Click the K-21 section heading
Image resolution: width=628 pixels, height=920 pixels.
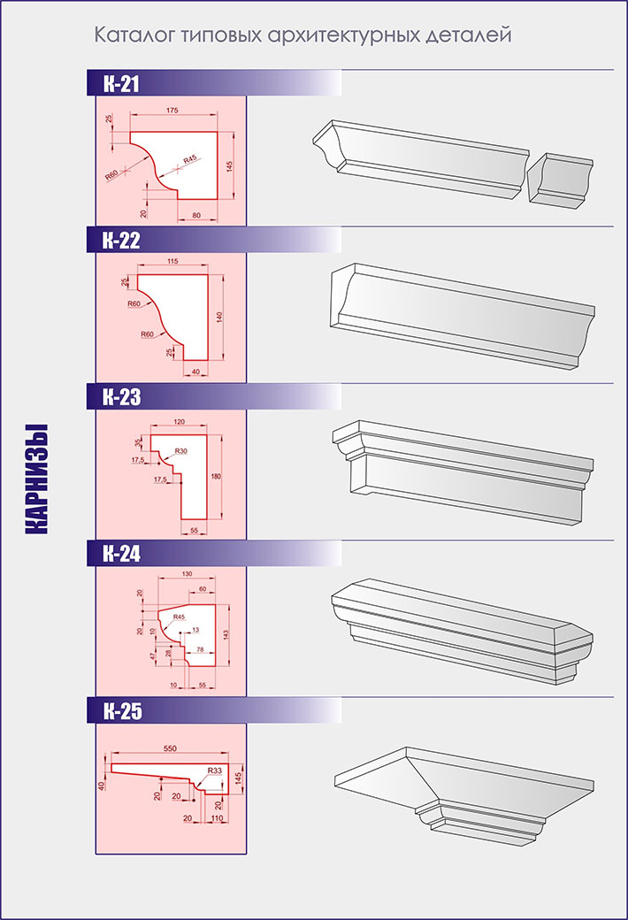point(121,84)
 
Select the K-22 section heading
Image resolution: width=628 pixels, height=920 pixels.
point(121,241)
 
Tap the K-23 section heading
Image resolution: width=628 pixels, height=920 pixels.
point(122,397)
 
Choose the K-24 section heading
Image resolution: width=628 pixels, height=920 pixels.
point(122,554)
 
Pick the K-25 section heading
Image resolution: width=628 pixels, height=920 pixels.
point(123,711)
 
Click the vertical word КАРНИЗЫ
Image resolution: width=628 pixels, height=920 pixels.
point(36,479)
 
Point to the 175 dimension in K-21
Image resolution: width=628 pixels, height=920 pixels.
point(172,111)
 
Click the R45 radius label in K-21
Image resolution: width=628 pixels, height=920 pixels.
point(190,159)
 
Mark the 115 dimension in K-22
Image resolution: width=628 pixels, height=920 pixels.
point(172,261)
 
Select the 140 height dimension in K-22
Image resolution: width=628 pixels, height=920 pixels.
point(220,318)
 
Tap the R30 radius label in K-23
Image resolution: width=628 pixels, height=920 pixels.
point(180,450)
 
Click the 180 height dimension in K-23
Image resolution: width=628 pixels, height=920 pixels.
point(216,477)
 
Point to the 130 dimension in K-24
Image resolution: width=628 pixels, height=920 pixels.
point(188,574)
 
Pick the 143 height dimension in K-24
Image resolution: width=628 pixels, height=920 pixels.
point(226,634)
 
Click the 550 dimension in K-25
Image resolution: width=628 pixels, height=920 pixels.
point(170,748)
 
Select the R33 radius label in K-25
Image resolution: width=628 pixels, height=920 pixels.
point(214,770)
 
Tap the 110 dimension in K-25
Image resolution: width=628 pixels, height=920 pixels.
point(218,818)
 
